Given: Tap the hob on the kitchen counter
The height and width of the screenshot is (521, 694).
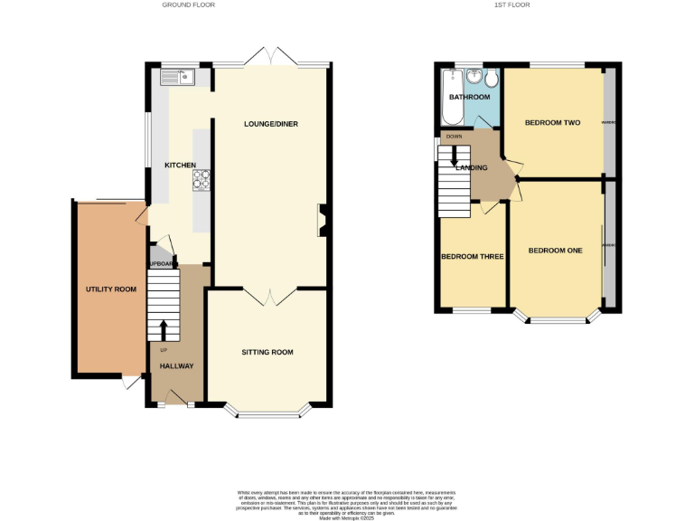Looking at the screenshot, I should tap(201, 181).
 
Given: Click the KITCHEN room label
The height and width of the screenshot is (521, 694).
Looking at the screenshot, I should tap(179, 166).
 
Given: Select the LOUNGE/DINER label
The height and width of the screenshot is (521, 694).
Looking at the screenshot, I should tap(270, 124).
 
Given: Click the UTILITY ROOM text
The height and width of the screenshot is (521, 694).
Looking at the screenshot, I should tap(110, 289).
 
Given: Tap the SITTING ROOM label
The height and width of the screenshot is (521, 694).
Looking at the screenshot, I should tap(267, 352).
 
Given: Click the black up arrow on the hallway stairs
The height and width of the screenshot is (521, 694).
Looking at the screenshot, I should tap(164, 329).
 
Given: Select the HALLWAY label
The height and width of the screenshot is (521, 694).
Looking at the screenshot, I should tap(176, 366).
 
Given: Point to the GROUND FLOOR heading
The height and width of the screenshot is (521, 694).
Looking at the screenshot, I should tap(188, 5).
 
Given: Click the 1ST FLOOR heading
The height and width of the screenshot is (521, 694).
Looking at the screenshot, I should tap(511, 5).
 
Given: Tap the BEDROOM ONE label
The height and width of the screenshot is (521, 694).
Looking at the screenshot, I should tap(555, 251).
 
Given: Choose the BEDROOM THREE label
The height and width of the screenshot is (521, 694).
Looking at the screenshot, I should tap(472, 257).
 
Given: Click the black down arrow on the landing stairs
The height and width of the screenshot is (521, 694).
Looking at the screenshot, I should tap(454, 156).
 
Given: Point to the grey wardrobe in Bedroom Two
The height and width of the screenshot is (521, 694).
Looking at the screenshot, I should tap(610, 122).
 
